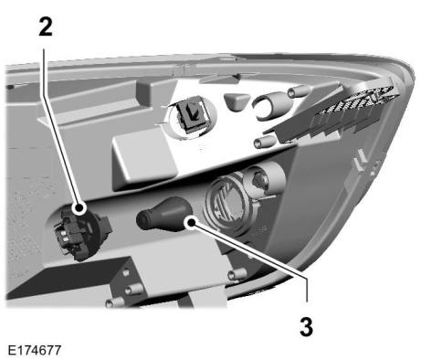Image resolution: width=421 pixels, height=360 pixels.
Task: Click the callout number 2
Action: pos(46,26)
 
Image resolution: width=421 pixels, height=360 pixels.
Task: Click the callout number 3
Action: pos(306,326)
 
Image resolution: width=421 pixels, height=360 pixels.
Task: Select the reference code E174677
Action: pos(35,350)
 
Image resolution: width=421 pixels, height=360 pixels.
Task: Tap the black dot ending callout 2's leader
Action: pos(79,208)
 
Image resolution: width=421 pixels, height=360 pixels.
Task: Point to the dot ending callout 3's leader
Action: pos(191,222)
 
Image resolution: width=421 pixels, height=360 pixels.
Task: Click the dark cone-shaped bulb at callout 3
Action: pos(164,215)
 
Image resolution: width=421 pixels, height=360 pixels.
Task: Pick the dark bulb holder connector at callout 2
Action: pos(80,233)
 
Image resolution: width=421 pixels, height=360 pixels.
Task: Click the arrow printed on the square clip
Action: pos(192,111)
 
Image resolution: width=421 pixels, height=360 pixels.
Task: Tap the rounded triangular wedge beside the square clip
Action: pos(236,101)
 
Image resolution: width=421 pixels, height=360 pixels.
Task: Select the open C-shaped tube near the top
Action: pos(267,106)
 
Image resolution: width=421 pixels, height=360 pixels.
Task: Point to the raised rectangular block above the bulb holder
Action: pos(143,162)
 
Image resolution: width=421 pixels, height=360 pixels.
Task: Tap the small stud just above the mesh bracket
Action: pos(299,90)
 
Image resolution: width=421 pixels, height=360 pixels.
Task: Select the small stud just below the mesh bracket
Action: pos(264,141)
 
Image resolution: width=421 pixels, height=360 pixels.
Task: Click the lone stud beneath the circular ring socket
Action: pos(237,274)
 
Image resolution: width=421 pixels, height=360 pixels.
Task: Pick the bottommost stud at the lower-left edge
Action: pos(115,302)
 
